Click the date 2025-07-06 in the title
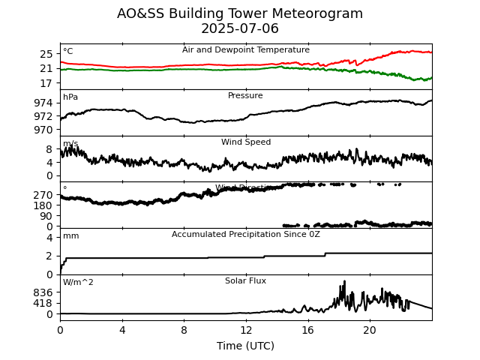[x=240, y=29]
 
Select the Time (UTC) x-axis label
[x=245, y=346]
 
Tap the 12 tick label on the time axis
[x=245, y=330]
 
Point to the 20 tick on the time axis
[x=370, y=330]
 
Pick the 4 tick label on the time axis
[x=122, y=330]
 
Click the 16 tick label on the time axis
[x=307, y=330]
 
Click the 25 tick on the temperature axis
[x=46, y=54]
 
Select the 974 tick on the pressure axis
[x=43, y=103]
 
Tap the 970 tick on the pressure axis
[x=43, y=130]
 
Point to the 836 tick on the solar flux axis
[x=43, y=292]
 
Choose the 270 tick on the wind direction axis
[x=43, y=195]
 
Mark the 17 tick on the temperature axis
[x=46, y=83]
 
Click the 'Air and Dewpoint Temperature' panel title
[x=245, y=50]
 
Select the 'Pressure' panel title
[x=245, y=96]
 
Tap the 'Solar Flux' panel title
[x=245, y=281]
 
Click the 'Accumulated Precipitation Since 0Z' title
[x=245, y=235]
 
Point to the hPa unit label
[x=70, y=97]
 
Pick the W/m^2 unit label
[x=78, y=283]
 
